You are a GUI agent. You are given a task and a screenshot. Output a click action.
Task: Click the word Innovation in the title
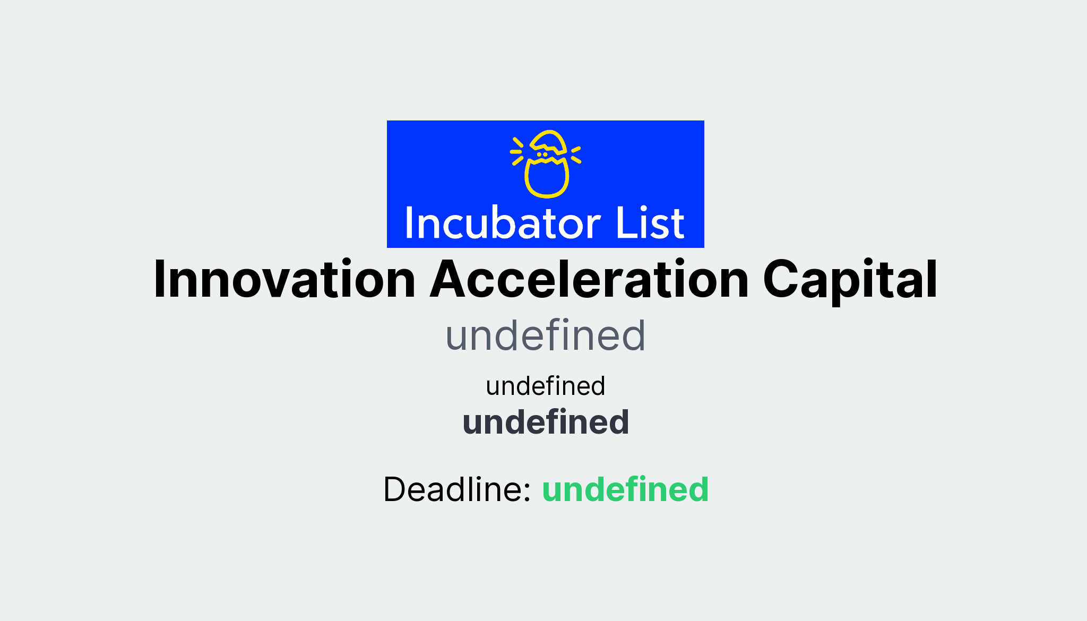coord(284,280)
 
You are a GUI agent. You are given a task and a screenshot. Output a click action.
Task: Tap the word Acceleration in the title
coord(589,280)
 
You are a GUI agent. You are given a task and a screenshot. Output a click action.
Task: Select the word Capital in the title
coord(850,280)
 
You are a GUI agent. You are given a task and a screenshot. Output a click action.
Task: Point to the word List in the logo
coord(650,223)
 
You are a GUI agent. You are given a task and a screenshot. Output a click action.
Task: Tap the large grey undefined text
coord(545,336)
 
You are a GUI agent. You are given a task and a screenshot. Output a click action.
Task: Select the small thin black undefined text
coord(545,386)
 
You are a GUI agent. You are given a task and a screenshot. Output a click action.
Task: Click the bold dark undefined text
coord(545,422)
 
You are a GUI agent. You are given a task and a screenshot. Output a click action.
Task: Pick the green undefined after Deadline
coord(625,489)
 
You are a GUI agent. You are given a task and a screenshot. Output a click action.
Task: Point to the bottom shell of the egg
coord(547,179)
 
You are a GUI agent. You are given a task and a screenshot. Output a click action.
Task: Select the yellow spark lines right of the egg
coord(576,154)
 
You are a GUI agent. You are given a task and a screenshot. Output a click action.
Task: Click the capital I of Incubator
coord(409,223)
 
